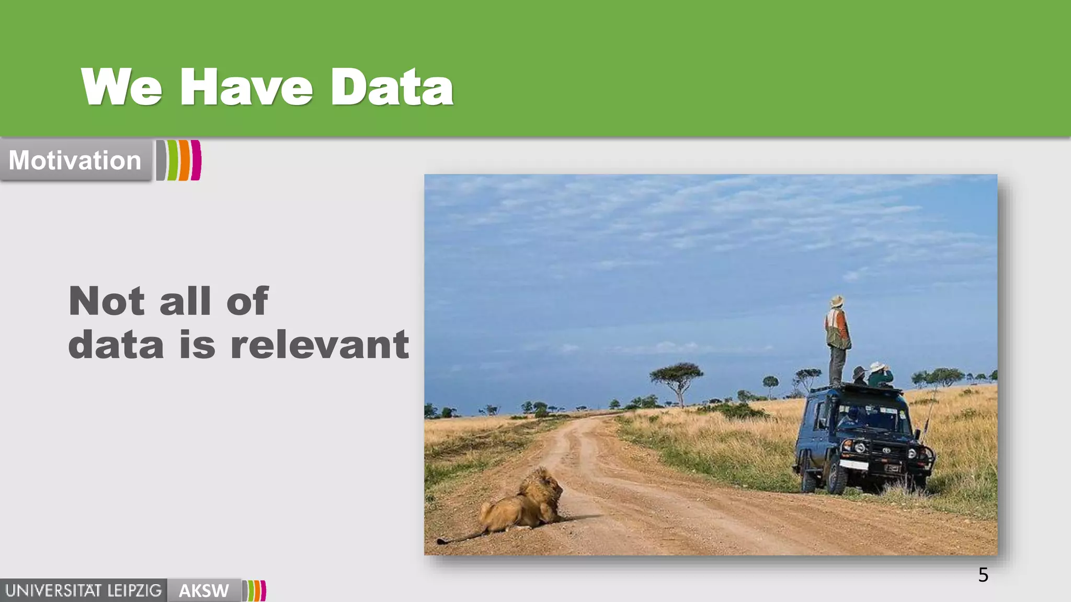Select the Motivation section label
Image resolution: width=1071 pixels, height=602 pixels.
75,160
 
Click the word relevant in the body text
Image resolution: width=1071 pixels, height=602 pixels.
320,345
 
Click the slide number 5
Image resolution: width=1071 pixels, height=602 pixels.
983,575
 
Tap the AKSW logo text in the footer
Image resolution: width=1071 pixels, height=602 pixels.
203,591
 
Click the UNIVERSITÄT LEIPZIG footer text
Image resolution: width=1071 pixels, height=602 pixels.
84,591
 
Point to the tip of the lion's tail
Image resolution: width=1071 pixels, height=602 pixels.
441,541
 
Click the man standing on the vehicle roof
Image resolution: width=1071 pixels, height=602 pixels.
838,340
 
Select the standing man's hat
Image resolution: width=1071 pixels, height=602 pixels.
837,301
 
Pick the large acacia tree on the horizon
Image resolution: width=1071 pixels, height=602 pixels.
677,375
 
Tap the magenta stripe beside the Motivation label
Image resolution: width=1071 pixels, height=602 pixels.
196,160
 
